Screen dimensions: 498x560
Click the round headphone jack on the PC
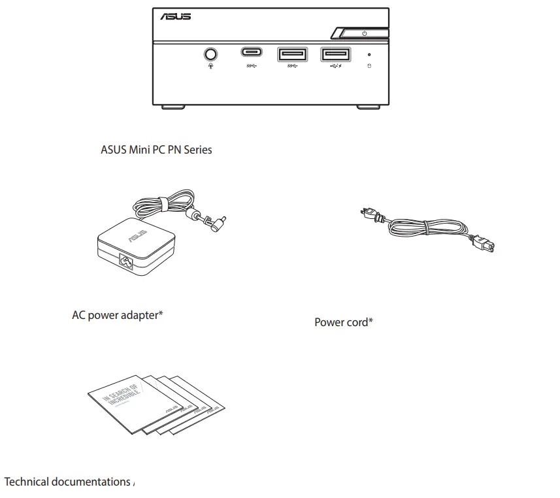point(210,53)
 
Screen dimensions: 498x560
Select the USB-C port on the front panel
point(252,52)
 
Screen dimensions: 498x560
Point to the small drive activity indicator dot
point(370,55)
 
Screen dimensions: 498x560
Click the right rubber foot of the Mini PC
point(368,107)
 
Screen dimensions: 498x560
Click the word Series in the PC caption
point(197,150)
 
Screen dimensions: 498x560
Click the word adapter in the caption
point(140,316)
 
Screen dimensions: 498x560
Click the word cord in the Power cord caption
point(357,322)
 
